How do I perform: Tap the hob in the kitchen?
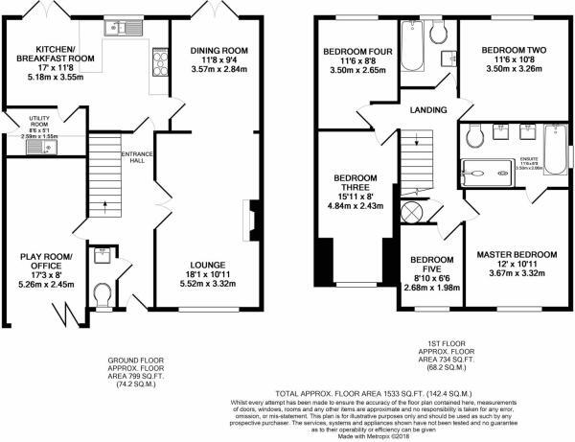(157, 65)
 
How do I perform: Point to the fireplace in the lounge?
(251, 220)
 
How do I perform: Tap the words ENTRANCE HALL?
(132, 159)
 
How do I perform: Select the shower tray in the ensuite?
(486, 175)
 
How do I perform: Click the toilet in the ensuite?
(474, 138)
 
